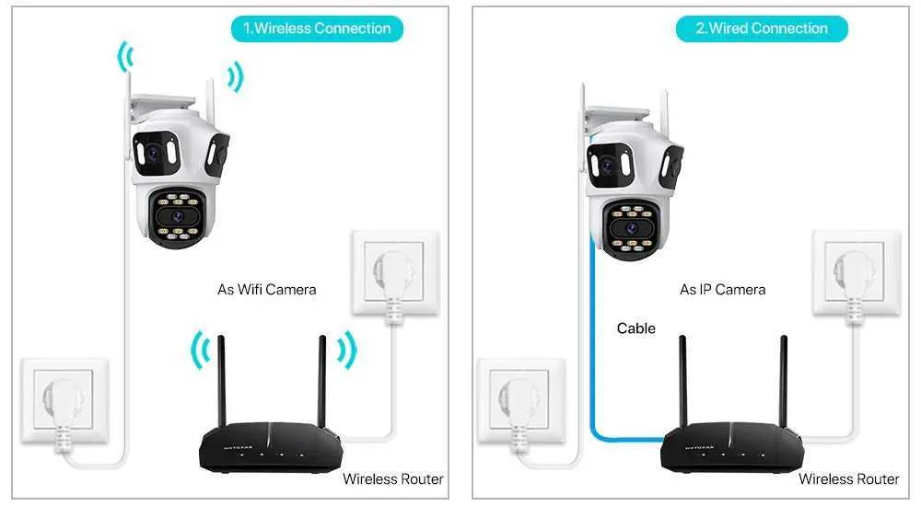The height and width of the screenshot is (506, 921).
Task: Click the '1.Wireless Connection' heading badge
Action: pyautogui.click(x=317, y=29)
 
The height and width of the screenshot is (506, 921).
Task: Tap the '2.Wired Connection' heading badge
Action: pyautogui.click(x=762, y=29)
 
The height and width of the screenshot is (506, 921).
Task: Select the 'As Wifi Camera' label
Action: pyautogui.click(x=267, y=290)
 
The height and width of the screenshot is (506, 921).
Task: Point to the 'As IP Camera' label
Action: pyautogui.click(x=722, y=290)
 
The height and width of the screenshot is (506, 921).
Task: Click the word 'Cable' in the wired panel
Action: pyautogui.click(x=636, y=328)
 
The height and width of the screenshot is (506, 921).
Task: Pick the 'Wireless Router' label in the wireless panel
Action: pyautogui.click(x=393, y=479)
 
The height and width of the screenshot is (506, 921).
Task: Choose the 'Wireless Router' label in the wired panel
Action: pyautogui.click(x=849, y=479)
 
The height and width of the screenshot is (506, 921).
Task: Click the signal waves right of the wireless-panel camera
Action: pyautogui.click(x=236, y=76)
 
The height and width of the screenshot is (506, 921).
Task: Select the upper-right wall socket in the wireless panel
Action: pyautogui.click(x=395, y=272)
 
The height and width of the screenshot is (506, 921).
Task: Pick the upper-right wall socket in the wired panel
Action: pyautogui.click(x=857, y=272)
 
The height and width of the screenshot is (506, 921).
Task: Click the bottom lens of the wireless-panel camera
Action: pyautogui.click(x=177, y=216)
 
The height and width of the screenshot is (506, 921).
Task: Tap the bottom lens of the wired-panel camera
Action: pyautogui.click(x=632, y=228)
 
